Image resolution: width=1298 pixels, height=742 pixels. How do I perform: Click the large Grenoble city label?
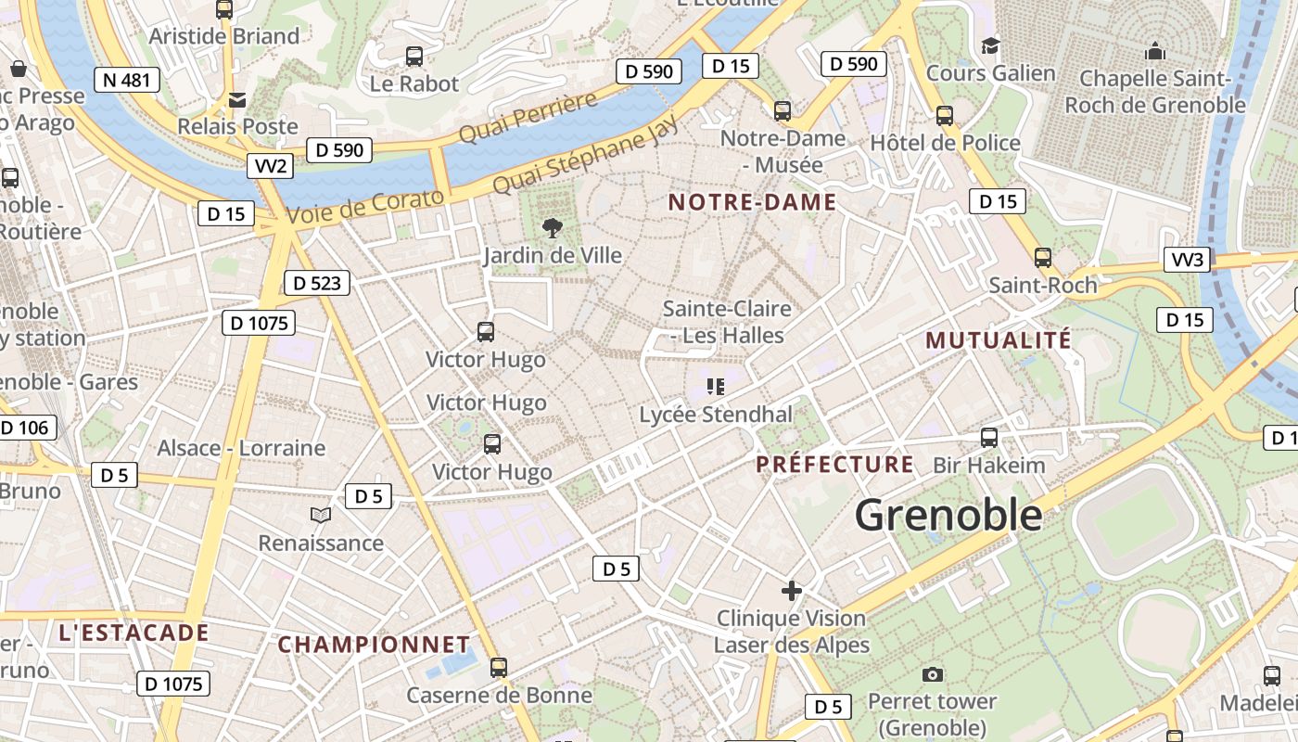[948, 515]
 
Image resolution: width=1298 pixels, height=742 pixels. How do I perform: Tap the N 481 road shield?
[127, 80]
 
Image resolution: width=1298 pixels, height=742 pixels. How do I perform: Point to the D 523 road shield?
[316, 283]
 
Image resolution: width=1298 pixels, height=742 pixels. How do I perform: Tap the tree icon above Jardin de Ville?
[553, 227]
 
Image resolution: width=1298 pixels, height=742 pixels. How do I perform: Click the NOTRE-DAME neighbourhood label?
[752, 202]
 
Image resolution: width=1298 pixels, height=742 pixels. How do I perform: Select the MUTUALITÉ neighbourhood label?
[998, 340]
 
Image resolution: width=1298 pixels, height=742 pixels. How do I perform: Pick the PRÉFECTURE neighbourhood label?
[834, 464]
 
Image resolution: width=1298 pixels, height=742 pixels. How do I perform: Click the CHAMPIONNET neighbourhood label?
[374, 644]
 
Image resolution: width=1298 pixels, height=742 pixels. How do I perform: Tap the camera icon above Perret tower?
[933, 674]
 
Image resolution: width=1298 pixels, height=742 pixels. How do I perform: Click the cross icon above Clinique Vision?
[792, 590]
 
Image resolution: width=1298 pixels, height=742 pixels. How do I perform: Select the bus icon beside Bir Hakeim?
[989, 438]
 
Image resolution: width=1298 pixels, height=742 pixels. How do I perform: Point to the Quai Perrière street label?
[528, 118]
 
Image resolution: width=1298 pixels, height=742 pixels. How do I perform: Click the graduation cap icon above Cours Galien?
[990, 45]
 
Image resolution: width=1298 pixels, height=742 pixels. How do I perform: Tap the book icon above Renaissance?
[320, 515]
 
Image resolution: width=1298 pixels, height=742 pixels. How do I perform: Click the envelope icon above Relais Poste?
[237, 99]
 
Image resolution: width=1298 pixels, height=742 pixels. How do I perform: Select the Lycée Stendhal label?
[716, 415]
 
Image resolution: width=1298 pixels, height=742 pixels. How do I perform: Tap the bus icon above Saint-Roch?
[1043, 258]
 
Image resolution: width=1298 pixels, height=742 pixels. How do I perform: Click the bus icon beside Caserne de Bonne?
[499, 667]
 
